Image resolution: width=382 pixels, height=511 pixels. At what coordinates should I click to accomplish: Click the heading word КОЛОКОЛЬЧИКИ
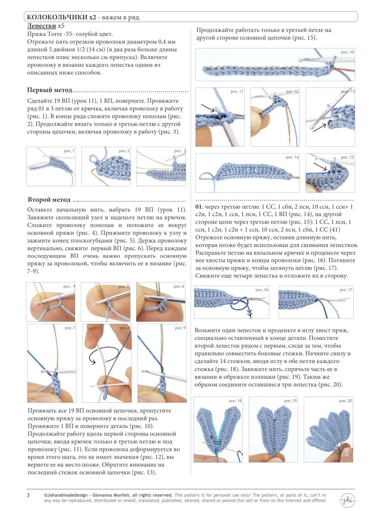click(58, 18)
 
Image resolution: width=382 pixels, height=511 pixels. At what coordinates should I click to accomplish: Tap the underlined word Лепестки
click(41, 26)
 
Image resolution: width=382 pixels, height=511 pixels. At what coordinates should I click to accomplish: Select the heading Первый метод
click(50, 90)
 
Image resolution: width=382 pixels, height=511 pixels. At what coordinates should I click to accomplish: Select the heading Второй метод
click(49, 200)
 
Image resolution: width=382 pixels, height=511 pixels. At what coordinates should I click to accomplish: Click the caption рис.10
click(347, 52)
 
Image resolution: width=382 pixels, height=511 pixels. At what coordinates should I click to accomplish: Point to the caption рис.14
click(292, 157)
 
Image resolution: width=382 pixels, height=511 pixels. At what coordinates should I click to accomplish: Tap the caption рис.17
click(346, 290)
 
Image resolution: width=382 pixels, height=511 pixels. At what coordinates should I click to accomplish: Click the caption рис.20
click(345, 401)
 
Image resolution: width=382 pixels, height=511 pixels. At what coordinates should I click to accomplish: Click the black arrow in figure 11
click(207, 108)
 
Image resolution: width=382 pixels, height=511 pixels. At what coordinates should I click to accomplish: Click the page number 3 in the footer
click(28, 495)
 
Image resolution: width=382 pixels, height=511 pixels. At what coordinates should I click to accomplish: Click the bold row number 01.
click(199, 207)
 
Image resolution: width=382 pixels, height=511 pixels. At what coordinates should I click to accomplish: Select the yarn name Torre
click(55, 34)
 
